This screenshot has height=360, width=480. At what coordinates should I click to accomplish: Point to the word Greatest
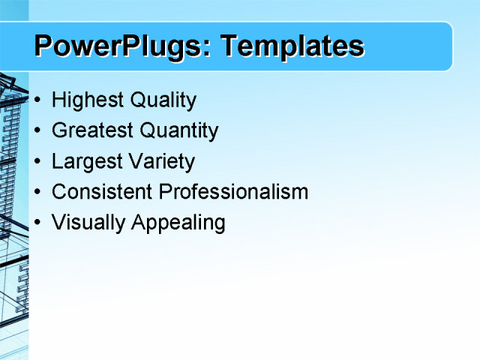[x=90, y=131]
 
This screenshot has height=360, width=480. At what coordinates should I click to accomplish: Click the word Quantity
[x=176, y=131]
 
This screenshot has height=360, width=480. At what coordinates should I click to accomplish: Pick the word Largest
[x=83, y=162]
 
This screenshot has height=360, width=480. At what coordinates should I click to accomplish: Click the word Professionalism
[x=233, y=192]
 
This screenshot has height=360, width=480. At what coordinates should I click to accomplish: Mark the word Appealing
[x=178, y=223]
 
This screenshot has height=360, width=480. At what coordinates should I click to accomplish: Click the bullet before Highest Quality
[x=38, y=100]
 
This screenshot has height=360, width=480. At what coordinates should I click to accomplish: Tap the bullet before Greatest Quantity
[x=38, y=131]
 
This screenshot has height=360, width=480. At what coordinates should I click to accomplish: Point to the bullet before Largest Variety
[x=38, y=162]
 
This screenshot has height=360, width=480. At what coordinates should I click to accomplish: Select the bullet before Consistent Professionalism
[x=38, y=192]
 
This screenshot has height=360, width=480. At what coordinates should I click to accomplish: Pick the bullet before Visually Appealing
[x=38, y=223]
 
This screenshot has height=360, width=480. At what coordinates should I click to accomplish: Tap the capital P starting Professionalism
[x=164, y=192]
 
